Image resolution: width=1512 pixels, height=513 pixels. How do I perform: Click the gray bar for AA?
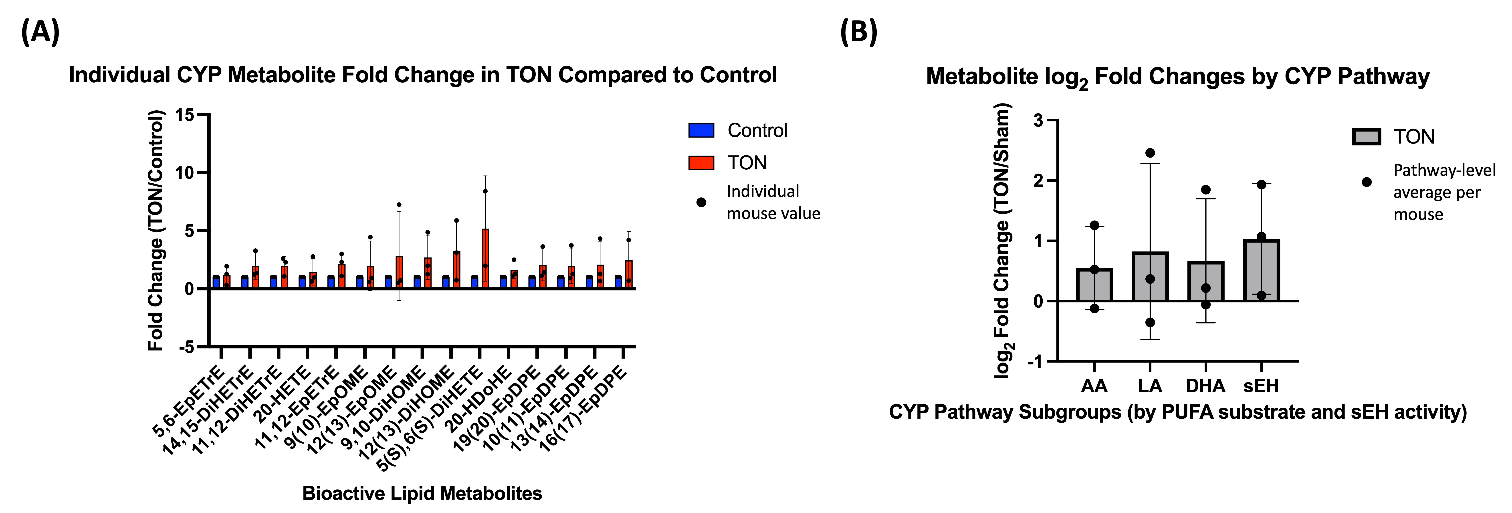pos(1094,285)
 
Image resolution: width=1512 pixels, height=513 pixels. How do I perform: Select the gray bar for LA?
pos(1150,277)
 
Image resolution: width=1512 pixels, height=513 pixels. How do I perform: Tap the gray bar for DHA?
pos(1206,282)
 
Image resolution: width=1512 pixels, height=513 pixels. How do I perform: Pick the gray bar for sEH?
pos(1261,271)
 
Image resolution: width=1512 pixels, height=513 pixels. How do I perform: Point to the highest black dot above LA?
pos(1150,153)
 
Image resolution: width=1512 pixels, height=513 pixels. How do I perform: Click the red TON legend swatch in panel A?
pos(701,163)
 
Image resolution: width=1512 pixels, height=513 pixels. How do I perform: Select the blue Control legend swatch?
pos(701,130)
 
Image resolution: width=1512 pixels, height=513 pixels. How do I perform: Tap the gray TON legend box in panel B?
pos(1366,137)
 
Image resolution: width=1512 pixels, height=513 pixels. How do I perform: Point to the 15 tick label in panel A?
pos(184,115)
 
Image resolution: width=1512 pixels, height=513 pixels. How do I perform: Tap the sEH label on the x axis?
pos(1261,386)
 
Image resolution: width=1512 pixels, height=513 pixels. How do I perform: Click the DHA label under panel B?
pos(1205,386)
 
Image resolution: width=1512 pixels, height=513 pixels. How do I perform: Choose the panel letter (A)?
pos(40,32)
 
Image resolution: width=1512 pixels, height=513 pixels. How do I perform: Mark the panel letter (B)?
pos(858,32)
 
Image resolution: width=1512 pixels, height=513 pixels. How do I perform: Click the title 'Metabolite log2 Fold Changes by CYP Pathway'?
pos(1177,77)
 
